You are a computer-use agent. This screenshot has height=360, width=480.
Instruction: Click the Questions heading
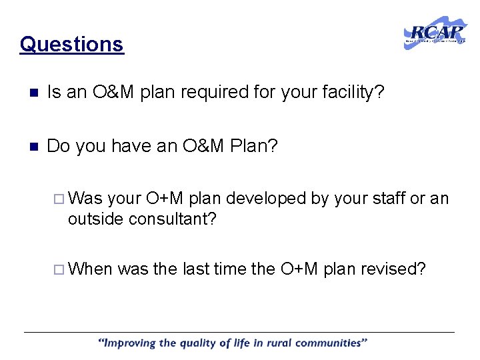coord(71,44)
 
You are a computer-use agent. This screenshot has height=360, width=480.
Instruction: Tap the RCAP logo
coord(435,33)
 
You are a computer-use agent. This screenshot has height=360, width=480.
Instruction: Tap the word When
coord(91,269)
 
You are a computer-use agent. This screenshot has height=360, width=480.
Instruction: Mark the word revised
coord(393,269)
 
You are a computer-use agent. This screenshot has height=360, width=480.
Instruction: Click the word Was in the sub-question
coord(85,199)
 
